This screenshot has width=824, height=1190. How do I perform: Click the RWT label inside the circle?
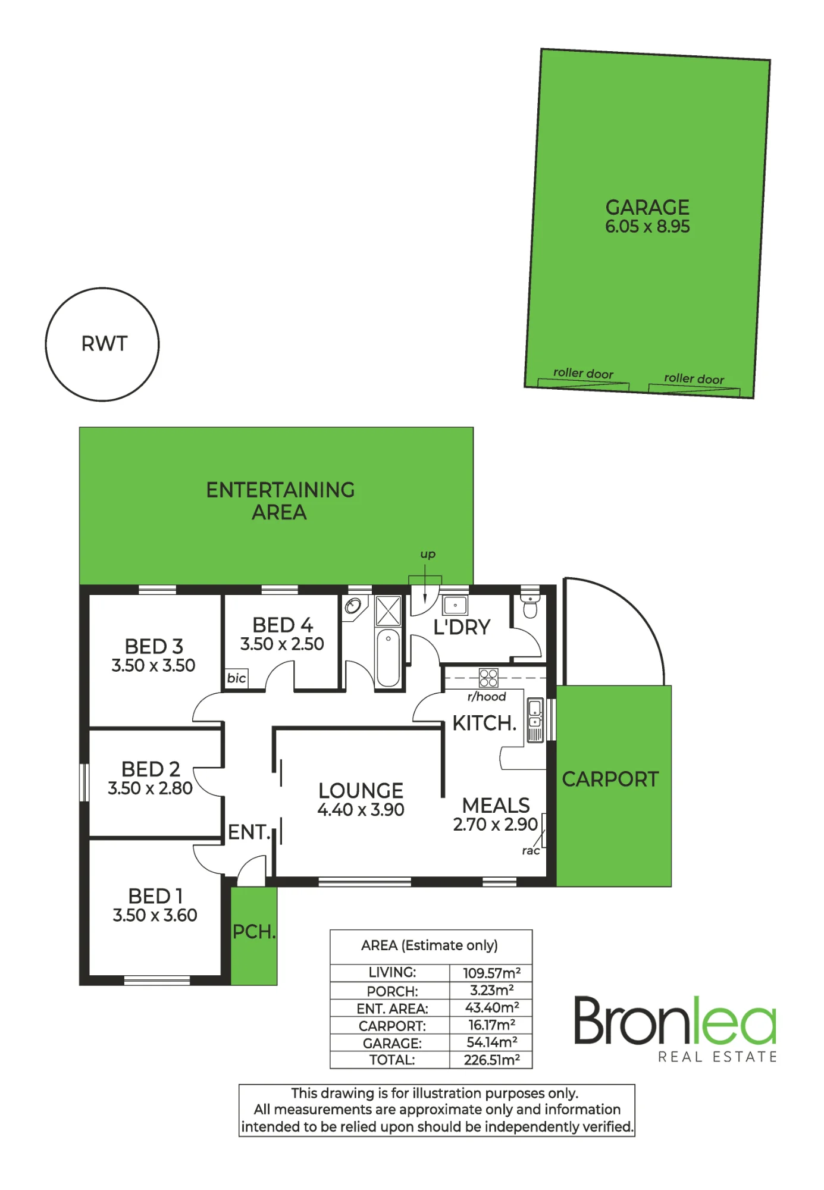(x=104, y=344)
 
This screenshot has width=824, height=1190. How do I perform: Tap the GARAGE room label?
(x=647, y=207)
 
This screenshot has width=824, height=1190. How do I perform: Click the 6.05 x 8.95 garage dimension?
(x=647, y=227)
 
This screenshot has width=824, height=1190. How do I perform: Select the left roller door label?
(x=583, y=373)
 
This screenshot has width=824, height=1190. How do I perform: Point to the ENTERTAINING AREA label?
(x=280, y=501)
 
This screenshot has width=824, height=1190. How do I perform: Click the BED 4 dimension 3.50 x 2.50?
(x=282, y=644)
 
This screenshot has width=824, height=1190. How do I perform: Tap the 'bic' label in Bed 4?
(x=236, y=678)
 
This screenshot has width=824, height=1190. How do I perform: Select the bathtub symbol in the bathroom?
(x=388, y=657)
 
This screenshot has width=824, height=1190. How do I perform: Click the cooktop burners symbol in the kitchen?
(x=488, y=678)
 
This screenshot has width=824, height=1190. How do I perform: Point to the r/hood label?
(x=487, y=697)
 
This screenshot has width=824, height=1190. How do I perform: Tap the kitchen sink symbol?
(x=535, y=720)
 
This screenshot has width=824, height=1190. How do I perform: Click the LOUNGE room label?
(x=361, y=790)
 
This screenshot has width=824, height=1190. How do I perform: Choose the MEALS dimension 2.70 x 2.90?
(x=495, y=825)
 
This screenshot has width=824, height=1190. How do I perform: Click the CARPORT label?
(x=610, y=779)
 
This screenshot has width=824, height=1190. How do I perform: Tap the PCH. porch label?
(x=254, y=932)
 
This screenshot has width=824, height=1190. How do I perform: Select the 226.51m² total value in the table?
(x=491, y=1060)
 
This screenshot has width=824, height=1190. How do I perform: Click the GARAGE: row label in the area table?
(x=392, y=1043)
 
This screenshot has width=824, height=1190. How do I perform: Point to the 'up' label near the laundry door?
(x=428, y=555)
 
